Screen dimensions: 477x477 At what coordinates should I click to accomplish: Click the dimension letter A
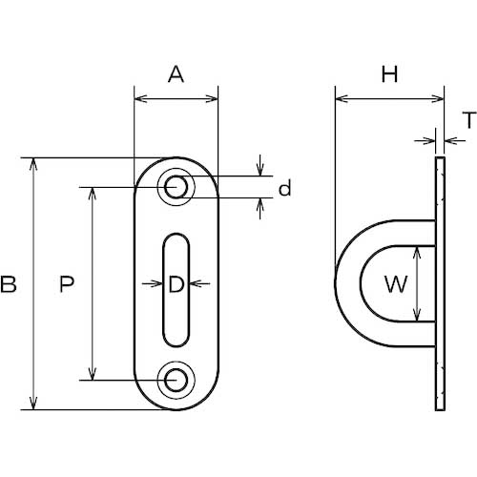click(x=176, y=74)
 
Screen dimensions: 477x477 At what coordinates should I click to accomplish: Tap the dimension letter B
click(x=9, y=284)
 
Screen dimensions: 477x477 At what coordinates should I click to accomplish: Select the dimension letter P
click(x=67, y=284)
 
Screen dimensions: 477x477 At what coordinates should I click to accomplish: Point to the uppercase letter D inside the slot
click(x=176, y=284)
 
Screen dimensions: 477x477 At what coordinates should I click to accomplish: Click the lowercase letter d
click(x=284, y=188)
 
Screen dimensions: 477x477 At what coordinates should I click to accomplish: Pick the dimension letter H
click(x=389, y=74)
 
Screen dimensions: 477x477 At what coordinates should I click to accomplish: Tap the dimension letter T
click(x=469, y=120)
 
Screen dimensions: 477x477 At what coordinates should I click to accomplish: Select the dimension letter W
click(x=396, y=284)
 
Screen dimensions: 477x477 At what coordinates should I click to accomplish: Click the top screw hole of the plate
click(x=176, y=187)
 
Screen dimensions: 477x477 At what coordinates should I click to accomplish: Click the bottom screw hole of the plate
click(x=176, y=380)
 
